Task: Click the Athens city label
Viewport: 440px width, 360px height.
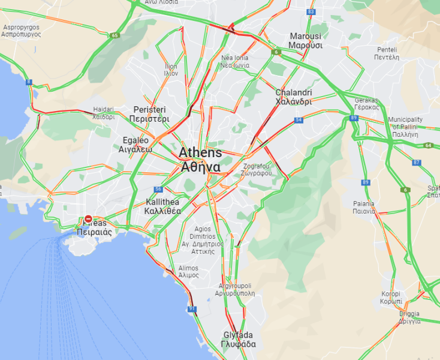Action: point(200,160)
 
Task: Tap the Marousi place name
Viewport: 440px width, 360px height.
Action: point(305,40)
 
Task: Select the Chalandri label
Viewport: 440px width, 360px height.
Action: point(293,97)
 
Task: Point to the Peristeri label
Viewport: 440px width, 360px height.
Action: point(149,114)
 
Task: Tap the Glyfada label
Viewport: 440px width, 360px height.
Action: point(238,340)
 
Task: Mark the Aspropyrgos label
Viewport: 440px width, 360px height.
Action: point(21,31)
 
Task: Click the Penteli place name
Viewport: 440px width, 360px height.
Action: point(387,53)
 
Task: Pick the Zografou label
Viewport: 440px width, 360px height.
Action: point(257,169)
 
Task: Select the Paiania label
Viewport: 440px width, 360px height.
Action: point(364,207)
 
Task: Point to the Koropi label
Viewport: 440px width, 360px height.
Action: point(391,297)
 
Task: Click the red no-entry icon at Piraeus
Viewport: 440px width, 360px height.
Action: point(88,220)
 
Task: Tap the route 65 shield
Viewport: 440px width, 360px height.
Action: point(114,35)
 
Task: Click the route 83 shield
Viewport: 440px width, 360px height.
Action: point(311,12)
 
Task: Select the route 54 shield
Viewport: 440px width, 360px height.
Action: point(299,121)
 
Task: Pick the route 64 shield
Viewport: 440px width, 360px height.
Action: point(428,145)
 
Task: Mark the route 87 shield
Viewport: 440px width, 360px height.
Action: point(417,163)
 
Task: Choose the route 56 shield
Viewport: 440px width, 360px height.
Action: point(158,189)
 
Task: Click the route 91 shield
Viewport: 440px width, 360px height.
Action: point(192,309)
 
